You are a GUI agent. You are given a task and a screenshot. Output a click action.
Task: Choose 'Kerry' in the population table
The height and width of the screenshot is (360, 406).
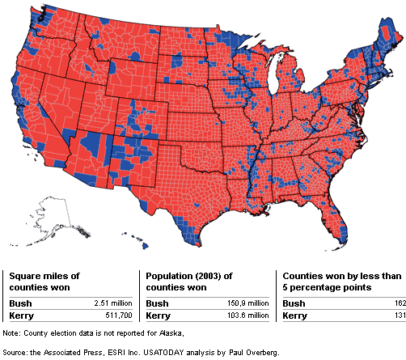pyautogui.click(x=156, y=315)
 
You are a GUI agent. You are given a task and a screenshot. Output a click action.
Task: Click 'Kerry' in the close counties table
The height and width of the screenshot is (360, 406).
pyautogui.click(x=293, y=315)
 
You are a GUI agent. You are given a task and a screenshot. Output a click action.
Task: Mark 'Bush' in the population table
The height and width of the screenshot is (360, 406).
pyautogui.click(x=155, y=303)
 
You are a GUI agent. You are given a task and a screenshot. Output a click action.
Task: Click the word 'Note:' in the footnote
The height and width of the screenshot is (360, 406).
pyautogui.click(x=12, y=333)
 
